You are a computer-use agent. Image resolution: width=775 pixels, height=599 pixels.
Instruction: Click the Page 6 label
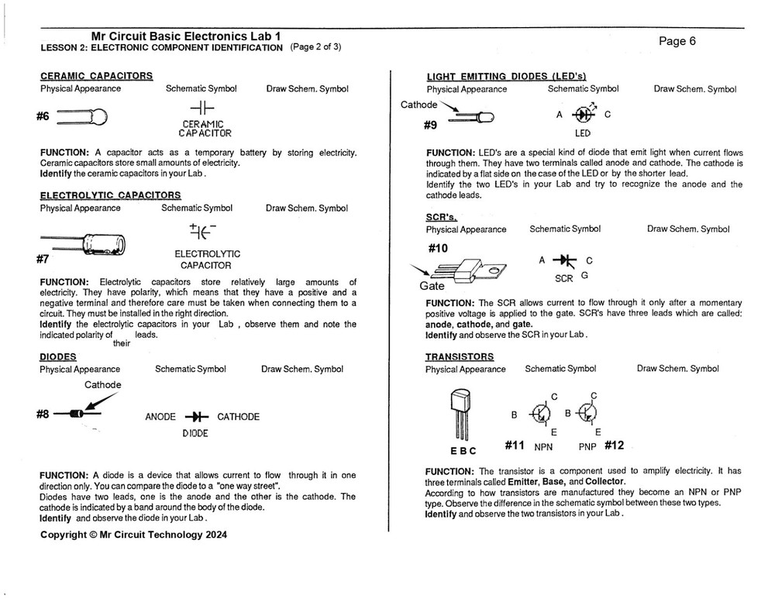point(677,41)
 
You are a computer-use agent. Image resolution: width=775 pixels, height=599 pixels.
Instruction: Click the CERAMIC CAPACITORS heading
point(96,76)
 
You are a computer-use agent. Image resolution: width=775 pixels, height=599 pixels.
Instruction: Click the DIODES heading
point(58,356)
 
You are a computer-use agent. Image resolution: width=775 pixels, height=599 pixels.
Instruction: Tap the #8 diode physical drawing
point(77,414)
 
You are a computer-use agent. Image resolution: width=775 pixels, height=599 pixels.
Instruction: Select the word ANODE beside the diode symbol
point(160,417)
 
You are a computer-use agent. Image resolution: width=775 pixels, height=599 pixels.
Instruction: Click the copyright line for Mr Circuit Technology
point(133,534)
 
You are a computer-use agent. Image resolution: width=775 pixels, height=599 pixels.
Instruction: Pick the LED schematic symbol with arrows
point(583,114)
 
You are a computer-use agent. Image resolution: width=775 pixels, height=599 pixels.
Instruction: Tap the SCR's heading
point(441,217)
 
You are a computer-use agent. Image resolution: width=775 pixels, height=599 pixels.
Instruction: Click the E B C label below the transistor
point(463,450)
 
